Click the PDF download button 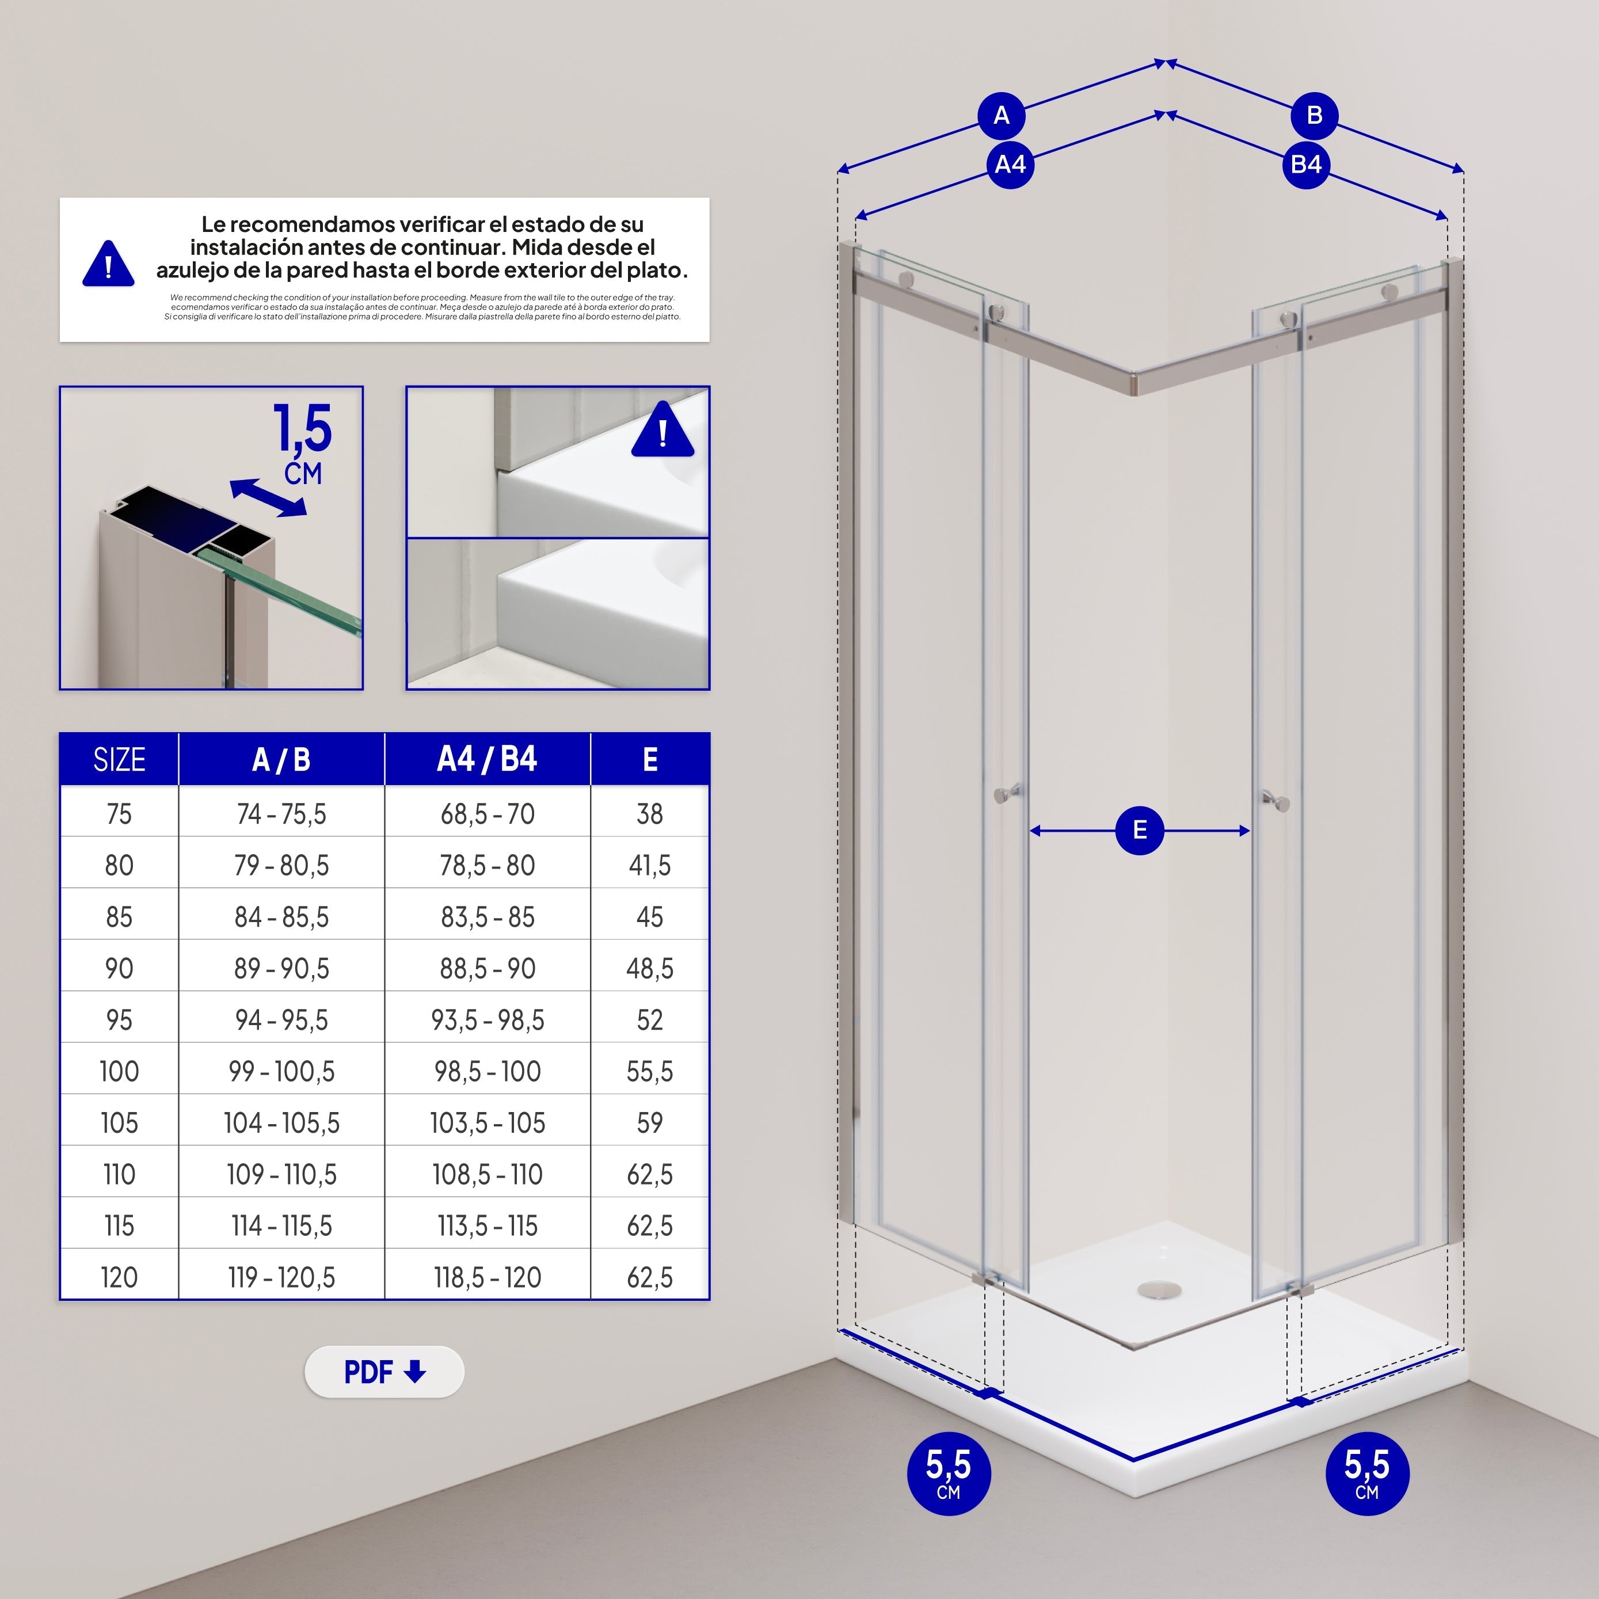(384, 1372)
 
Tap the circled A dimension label (1002, 116)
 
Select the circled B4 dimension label (1306, 165)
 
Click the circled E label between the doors (1140, 830)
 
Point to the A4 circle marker (1010, 165)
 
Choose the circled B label (1314, 116)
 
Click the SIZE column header (119, 759)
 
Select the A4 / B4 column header (488, 759)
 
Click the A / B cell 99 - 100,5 (281, 1071)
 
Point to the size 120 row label (119, 1277)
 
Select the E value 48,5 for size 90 (650, 968)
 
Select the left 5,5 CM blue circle (949, 1473)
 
